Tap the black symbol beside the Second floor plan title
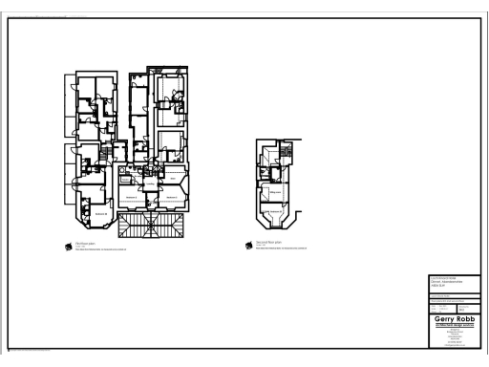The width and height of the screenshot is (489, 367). tap(249, 245)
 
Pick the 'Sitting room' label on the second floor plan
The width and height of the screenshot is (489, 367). tap(274, 192)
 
